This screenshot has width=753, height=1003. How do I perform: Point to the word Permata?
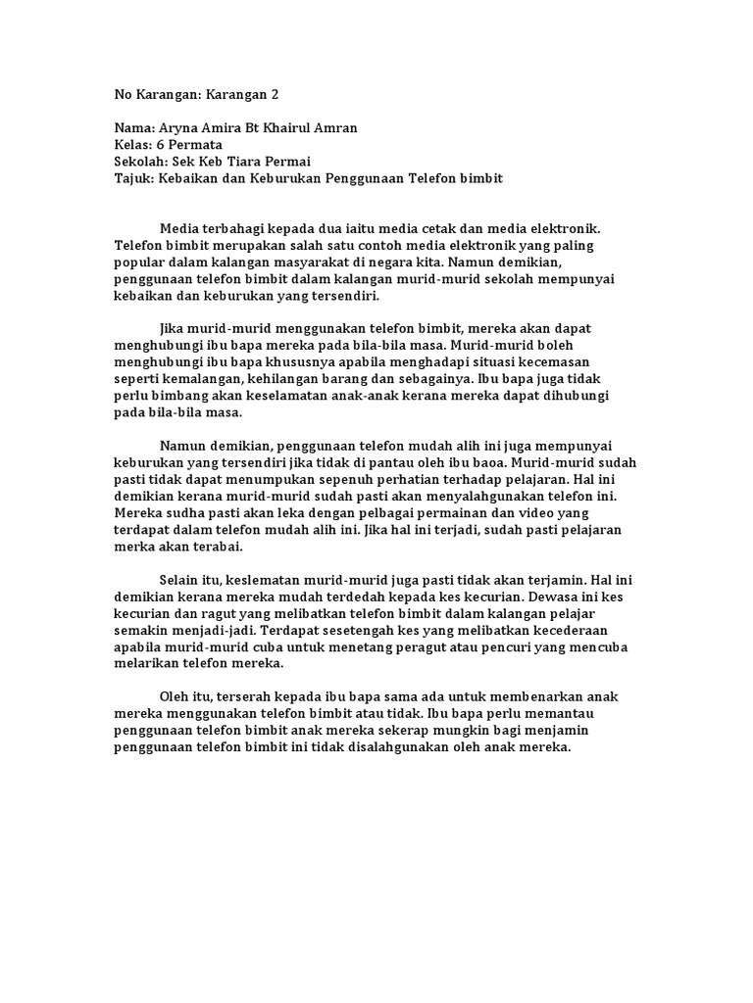[x=195, y=145]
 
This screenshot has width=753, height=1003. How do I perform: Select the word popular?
[x=141, y=262]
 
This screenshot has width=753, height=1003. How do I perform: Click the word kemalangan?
[x=207, y=379]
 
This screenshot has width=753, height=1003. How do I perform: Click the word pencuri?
[x=495, y=646]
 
